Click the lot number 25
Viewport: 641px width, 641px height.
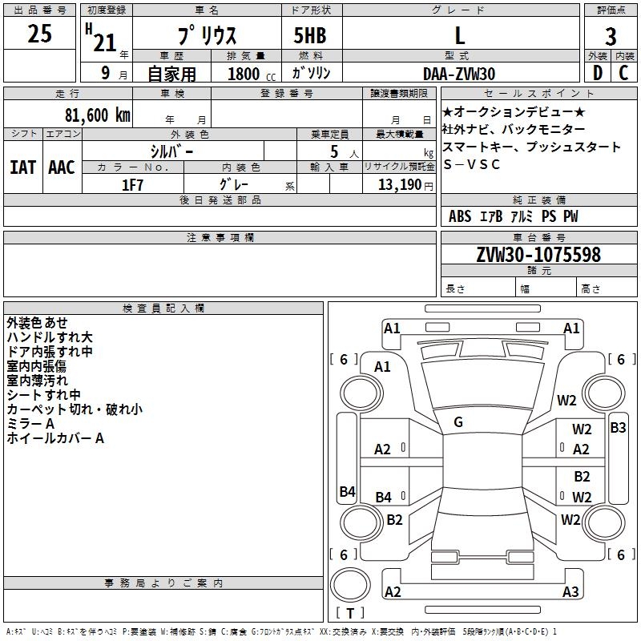point(41,34)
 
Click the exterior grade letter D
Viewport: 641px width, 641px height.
point(597,73)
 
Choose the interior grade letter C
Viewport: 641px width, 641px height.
point(623,73)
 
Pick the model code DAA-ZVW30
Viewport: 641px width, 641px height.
point(459,74)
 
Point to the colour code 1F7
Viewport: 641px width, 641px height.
point(133,185)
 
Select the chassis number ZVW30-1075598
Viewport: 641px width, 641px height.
point(538,255)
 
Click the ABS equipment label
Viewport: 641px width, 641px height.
point(460,216)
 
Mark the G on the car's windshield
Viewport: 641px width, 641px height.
point(458,421)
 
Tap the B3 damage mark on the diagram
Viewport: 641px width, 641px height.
point(618,428)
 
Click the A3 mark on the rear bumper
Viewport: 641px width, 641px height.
point(570,592)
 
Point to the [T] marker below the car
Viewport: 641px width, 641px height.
point(351,614)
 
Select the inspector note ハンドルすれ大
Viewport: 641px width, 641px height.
point(50,337)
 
